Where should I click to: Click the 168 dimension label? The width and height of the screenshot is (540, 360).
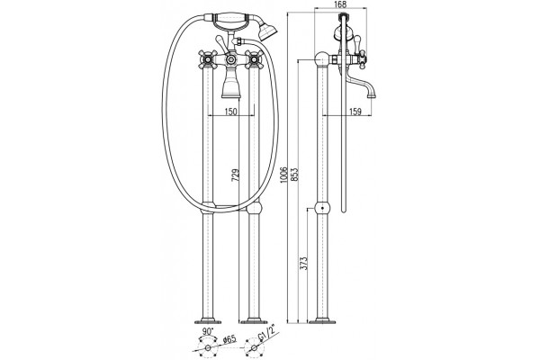[x=340, y=4]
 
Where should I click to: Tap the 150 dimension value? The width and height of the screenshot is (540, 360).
[x=230, y=112]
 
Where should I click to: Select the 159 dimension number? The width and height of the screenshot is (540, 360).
[x=355, y=112]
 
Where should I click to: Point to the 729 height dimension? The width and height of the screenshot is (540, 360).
[x=235, y=175]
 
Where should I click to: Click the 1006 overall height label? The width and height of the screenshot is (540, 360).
[x=283, y=175]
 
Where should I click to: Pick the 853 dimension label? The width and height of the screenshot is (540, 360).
[x=295, y=175]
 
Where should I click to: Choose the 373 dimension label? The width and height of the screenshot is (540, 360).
[x=304, y=263]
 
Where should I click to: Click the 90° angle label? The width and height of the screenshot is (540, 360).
[x=208, y=331]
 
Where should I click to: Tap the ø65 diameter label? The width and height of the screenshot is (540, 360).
[x=229, y=339]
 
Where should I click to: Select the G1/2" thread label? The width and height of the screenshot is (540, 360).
[x=267, y=339]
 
